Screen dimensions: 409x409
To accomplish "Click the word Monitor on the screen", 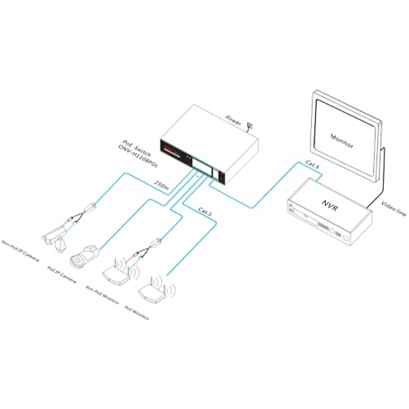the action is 342,141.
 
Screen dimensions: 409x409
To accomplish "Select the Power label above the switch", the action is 233,120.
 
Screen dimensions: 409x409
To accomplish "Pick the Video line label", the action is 394,209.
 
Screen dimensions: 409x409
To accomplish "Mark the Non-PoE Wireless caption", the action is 102,295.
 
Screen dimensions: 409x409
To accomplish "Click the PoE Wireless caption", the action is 137,313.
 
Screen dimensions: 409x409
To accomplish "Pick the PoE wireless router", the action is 153,291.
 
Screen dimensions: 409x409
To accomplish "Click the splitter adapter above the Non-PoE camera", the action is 91,207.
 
